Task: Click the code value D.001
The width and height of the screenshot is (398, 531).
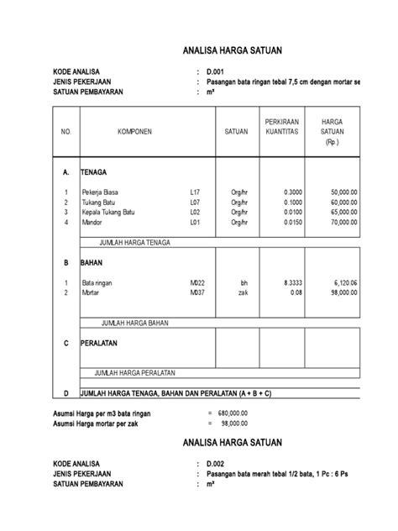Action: point(217,73)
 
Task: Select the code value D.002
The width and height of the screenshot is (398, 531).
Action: point(217,463)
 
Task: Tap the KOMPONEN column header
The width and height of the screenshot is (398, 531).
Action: point(134,132)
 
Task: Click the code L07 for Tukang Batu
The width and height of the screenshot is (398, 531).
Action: point(195,203)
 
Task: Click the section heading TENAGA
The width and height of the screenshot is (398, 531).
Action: point(94,171)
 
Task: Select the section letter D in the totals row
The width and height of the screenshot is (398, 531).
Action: point(65,393)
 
